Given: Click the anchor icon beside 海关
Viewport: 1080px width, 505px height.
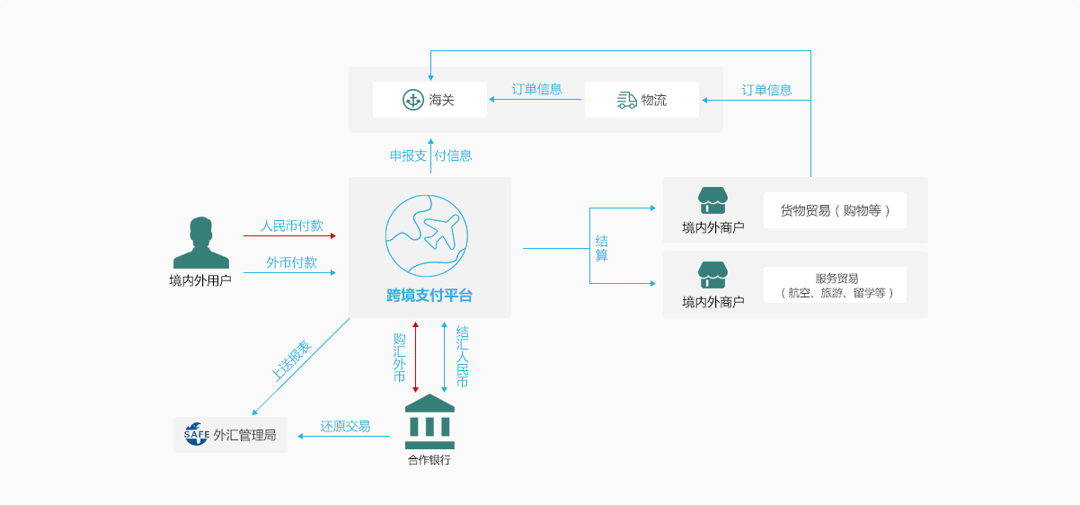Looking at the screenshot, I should [412, 100].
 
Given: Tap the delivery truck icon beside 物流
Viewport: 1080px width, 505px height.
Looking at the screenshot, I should [627, 100].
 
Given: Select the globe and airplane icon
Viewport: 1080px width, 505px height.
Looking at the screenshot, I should [427, 235].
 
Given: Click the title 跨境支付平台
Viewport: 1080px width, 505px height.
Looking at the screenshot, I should [429, 295].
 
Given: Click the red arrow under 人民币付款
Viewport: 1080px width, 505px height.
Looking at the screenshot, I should [289, 235].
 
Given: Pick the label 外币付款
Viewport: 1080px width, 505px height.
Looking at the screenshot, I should [291, 262].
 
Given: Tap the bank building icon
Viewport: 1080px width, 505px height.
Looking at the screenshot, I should [429, 421].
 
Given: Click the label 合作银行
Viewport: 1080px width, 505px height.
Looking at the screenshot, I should [429, 460].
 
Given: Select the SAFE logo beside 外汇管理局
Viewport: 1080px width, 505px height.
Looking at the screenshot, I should [197, 434].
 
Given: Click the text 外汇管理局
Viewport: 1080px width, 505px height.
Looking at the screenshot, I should [244, 436].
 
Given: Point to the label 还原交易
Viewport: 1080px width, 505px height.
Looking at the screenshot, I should [345, 426].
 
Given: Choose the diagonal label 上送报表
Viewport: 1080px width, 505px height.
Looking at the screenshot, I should [291, 359].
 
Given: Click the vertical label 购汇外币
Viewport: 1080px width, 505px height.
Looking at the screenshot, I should [400, 357].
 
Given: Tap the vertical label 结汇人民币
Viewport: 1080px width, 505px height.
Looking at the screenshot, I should [462, 357].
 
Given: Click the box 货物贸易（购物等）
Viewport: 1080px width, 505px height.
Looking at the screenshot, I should [835, 210].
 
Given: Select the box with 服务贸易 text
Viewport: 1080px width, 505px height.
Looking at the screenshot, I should [835, 285].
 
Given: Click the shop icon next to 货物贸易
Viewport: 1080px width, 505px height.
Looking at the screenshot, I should [713, 200].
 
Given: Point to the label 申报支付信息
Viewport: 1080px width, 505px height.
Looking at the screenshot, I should [430, 155].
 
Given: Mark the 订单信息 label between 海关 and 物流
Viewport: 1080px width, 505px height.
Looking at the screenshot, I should [536, 89].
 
